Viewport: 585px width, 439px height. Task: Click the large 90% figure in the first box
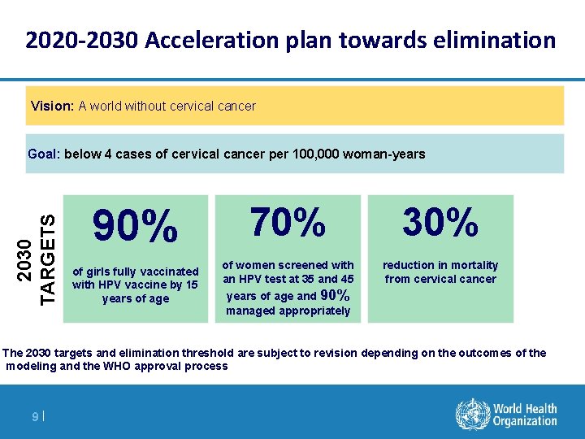click(x=135, y=227)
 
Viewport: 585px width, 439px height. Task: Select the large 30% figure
click(x=440, y=222)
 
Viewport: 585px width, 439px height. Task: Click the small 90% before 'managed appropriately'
click(x=336, y=296)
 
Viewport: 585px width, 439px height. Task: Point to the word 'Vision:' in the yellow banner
click(x=53, y=106)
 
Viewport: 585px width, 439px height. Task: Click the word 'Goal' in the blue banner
click(x=42, y=154)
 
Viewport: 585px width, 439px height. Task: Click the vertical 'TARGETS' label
click(x=49, y=258)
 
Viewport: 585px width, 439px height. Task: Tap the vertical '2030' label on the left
click(x=27, y=258)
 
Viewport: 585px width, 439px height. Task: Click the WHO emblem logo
click(x=470, y=414)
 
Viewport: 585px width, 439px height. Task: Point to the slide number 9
click(x=34, y=417)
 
